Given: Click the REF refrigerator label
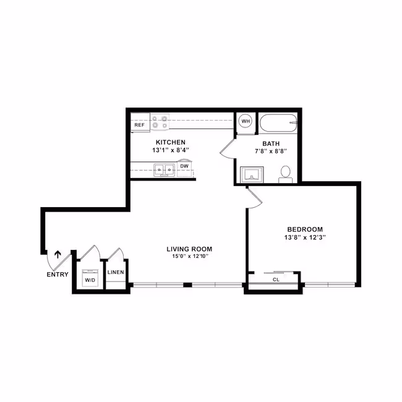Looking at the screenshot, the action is [x=140, y=125].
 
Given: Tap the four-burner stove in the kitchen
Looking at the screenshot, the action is [x=160, y=122].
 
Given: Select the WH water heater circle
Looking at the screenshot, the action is [x=246, y=121].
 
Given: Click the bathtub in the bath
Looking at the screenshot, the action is [x=278, y=123].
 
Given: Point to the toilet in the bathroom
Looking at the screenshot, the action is [x=285, y=174].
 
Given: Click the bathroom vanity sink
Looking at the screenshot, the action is [x=252, y=174].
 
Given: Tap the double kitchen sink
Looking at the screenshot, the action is [x=164, y=170].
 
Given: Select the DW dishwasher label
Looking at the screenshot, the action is [x=184, y=166].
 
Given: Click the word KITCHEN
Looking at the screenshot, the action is [x=171, y=142].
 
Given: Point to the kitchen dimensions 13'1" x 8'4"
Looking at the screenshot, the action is [x=171, y=150].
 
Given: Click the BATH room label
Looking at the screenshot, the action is [x=271, y=143].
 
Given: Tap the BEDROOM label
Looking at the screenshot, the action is [x=305, y=229].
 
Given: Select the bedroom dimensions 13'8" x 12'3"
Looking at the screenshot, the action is [x=305, y=237].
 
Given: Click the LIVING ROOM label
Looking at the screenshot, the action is [x=189, y=249].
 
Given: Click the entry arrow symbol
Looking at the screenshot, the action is [x=58, y=254].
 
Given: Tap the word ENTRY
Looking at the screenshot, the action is [x=58, y=275].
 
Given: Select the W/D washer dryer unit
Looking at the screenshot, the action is [x=90, y=278].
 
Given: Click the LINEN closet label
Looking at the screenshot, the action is [x=116, y=272].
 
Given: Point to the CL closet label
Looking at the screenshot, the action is [x=276, y=280].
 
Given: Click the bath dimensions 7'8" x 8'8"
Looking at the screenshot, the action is [x=271, y=151].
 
